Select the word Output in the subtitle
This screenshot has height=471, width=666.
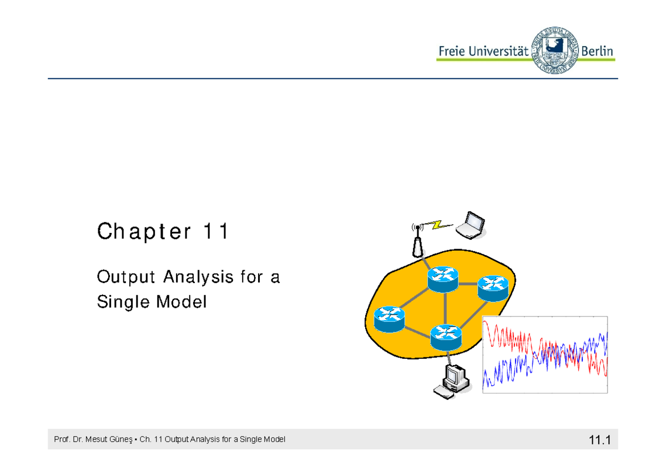[x=125, y=276]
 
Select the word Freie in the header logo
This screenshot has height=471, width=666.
[x=451, y=51]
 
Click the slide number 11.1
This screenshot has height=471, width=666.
[x=599, y=440]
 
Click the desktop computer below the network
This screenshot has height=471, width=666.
[x=452, y=382]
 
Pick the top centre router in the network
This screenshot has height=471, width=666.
[x=443, y=277]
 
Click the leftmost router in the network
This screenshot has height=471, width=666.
[x=389, y=319]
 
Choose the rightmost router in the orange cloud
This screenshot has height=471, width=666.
[x=492, y=288]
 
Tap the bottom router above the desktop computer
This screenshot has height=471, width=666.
[x=446, y=336]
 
